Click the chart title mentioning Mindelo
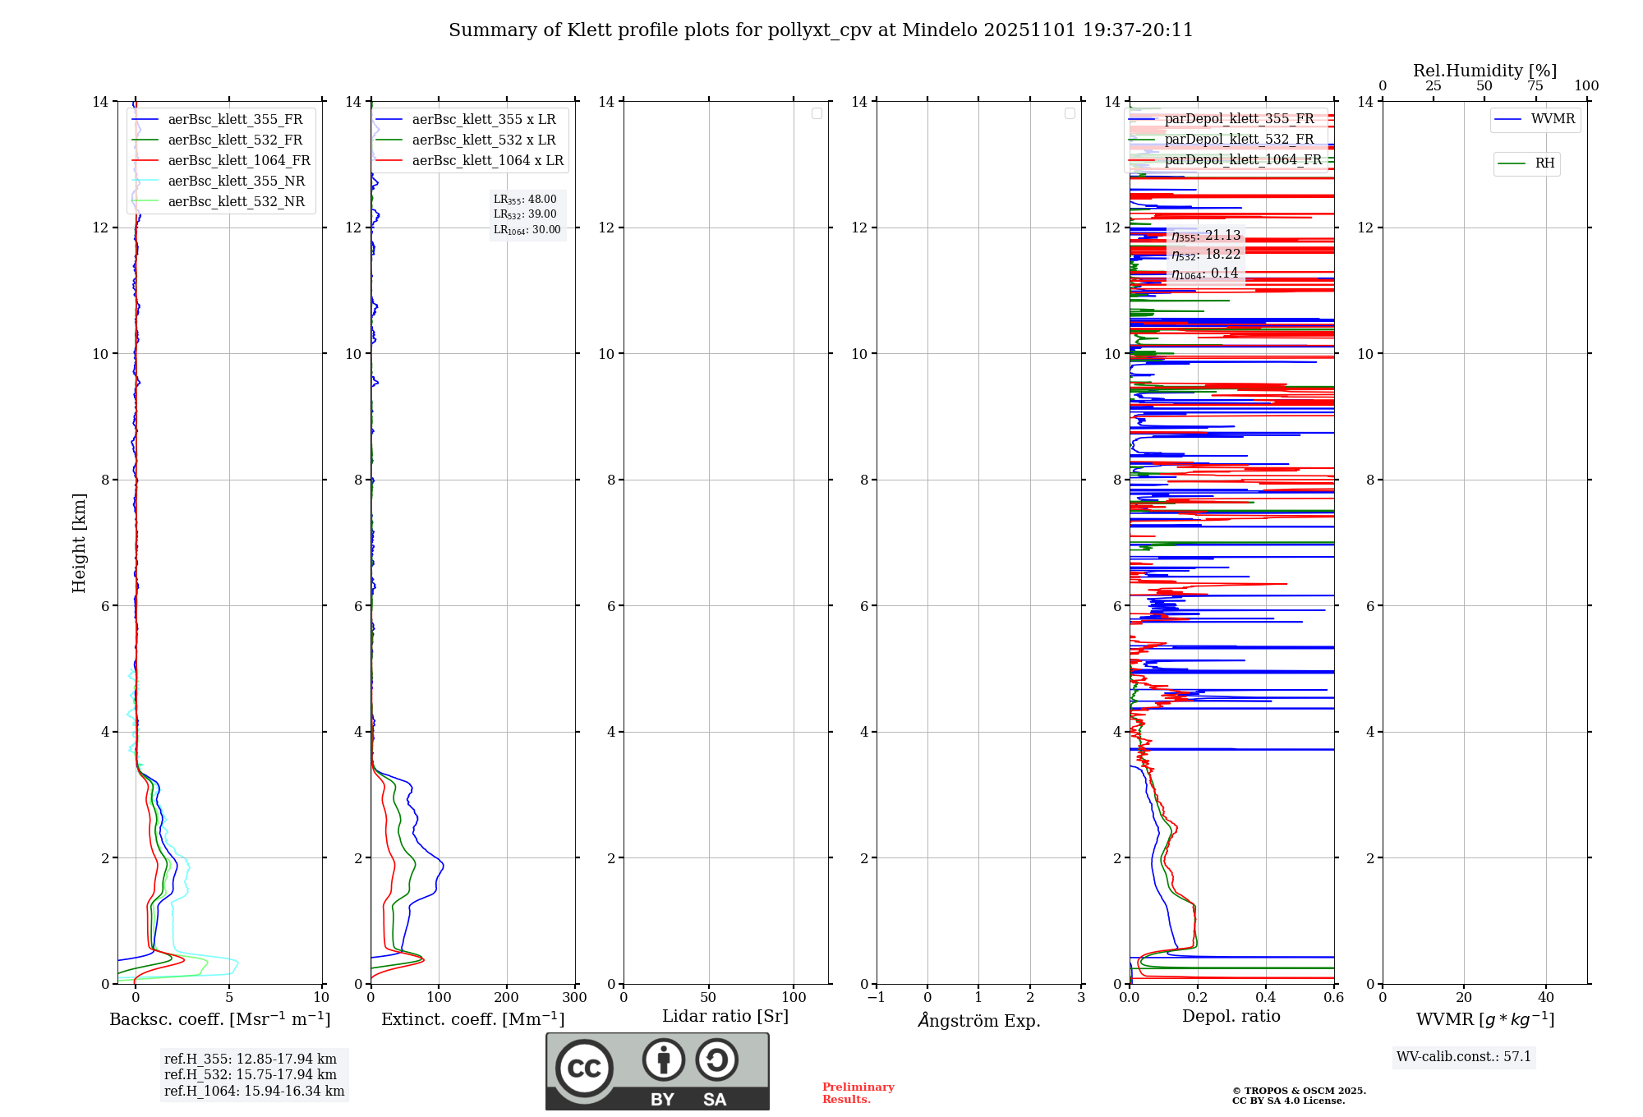tap(821, 30)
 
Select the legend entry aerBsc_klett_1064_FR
tap(238, 161)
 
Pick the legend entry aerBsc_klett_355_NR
tap(236, 182)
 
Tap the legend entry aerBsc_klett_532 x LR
tap(483, 140)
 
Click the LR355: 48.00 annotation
tap(525, 200)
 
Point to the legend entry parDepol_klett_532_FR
tap(1239, 140)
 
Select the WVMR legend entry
tap(1552, 119)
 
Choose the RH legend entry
tap(1544, 163)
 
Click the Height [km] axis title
tap(79, 543)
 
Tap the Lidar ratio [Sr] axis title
tap(725, 1017)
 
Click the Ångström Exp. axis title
tap(979, 1021)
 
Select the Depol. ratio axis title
tap(1231, 1017)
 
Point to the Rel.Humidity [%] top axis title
tap(1484, 71)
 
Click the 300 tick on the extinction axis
tap(574, 998)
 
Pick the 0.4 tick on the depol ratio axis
tap(1265, 998)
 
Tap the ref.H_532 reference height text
tap(251, 1075)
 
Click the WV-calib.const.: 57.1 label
tap(1464, 1057)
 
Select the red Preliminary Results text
tap(858, 1093)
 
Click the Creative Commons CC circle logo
tap(584, 1069)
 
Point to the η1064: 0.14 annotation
tap(1204, 274)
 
